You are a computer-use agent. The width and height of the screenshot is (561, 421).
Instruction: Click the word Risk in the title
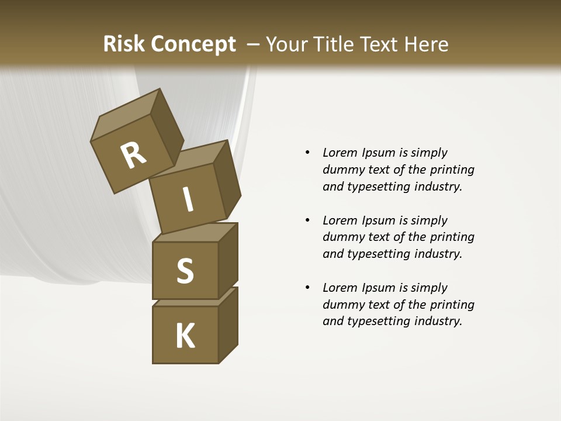pyautogui.click(x=124, y=44)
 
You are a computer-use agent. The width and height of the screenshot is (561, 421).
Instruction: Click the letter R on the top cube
pyautogui.click(x=133, y=156)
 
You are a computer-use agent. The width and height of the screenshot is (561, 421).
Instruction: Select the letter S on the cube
pyautogui.click(x=185, y=271)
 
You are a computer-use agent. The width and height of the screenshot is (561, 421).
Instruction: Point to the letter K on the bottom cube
pyautogui.click(x=185, y=336)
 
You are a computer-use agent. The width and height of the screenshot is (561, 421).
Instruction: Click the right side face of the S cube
pyautogui.click(x=228, y=260)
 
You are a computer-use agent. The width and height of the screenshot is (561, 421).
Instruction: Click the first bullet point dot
pyautogui.click(x=307, y=153)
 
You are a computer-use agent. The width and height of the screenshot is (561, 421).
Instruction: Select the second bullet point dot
pyautogui.click(x=307, y=220)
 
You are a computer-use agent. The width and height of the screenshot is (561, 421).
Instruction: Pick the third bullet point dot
pyautogui.click(x=307, y=288)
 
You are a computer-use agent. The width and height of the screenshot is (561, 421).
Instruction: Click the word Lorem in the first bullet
pyautogui.click(x=339, y=153)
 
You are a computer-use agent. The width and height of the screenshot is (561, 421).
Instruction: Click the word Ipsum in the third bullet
pyautogui.click(x=378, y=288)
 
